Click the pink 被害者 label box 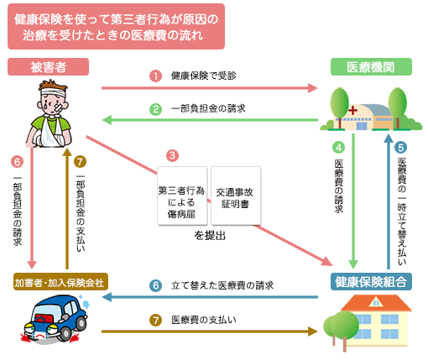pos(48,67)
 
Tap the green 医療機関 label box pos(371,67)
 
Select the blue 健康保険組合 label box pos(371,282)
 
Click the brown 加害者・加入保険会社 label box pos(60,282)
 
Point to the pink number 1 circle pos(155,76)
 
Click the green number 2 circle pos(155,109)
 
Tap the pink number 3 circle pos(172,155)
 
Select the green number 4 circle pos(338,148)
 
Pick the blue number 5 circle pos(400,148)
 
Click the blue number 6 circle pos(155,285)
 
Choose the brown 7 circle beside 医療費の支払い pos(155,321)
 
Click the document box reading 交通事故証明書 pos(236,196)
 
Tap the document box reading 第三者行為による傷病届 pos(182,196)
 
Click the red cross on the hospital pos(352,110)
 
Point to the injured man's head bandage pos(53,92)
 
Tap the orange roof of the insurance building pos(376,303)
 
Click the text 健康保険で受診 pos(204,76)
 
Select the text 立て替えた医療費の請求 pos(222,285)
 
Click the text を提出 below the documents pos(210,236)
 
